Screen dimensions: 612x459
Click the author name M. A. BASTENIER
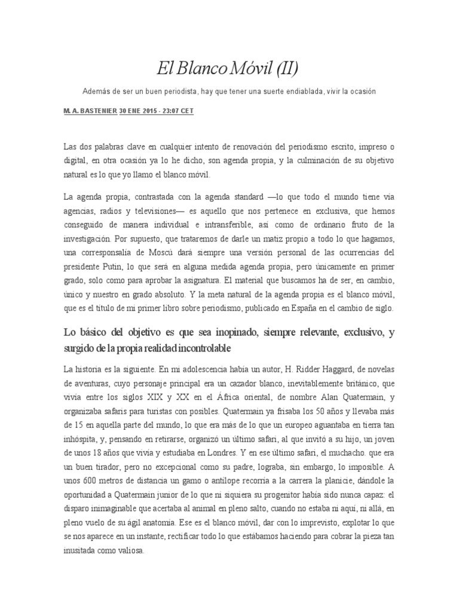pyautogui.click(x=90, y=112)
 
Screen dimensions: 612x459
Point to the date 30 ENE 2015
pyautogui.click(x=139, y=112)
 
